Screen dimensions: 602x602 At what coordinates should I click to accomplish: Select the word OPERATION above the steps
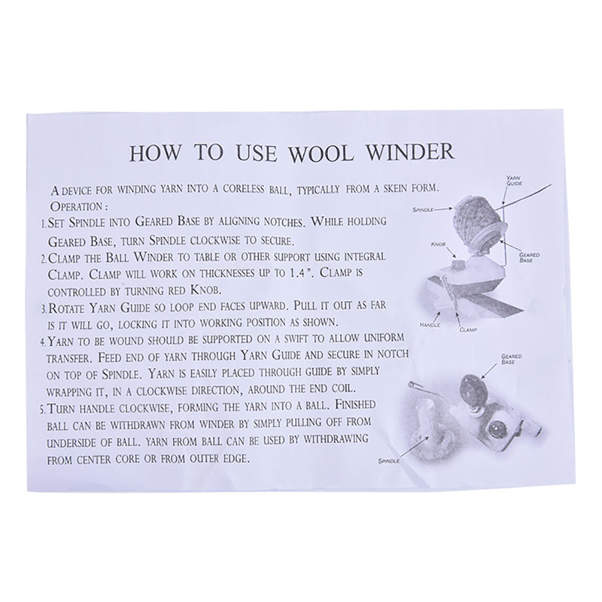76,207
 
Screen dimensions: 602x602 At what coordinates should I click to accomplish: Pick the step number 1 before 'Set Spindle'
43,225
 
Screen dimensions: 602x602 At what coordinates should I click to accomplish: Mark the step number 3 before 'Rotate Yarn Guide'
43,309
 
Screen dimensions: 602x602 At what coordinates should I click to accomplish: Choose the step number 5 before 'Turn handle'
43,409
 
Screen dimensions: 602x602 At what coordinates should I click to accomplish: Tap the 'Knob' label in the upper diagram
438,244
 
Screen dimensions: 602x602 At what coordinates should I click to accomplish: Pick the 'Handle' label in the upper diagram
430,325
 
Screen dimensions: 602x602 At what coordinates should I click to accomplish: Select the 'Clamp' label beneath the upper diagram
468,330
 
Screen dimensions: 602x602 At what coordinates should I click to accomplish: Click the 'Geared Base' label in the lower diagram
511,359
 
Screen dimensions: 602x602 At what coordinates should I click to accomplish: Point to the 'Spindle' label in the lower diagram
389,461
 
